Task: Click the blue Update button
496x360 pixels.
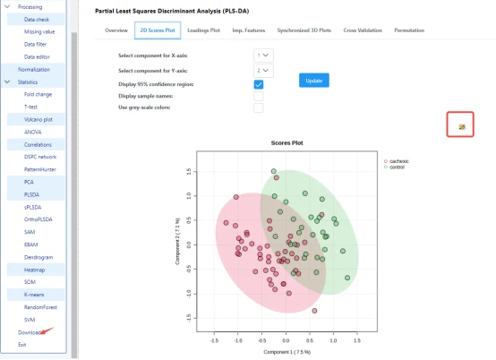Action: pos(313,80)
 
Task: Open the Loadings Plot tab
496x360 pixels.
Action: pos(204,30)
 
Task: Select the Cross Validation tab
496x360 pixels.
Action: pos(361,30)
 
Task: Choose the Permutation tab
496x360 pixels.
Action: pos(409,30)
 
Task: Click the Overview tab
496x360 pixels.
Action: pos(116,30)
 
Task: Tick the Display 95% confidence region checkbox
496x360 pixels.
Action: pos(259,83)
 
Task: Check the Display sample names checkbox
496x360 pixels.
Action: pos(259,96)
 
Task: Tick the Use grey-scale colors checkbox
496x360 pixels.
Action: pos(259,107)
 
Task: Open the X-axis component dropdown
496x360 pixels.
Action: pos(263,56)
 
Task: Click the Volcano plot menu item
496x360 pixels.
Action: pos(38,118)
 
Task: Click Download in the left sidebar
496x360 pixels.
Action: pos(30,332)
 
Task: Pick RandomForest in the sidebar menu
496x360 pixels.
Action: pos(39,306)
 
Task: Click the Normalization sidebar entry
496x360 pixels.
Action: pos(34,69)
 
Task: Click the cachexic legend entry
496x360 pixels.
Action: pos(399,161)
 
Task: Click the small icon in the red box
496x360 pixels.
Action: pos(461,126)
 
